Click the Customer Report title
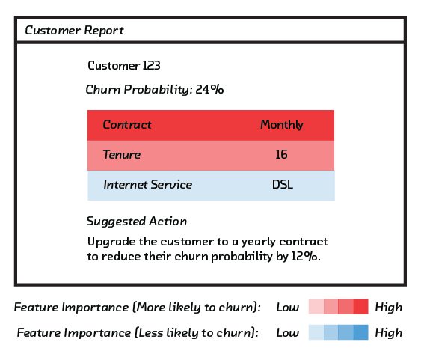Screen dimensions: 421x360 pos(74,31)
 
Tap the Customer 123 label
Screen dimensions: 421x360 pos(124,65)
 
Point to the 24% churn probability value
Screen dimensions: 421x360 pos(209,89)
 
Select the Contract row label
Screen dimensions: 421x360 pos(127,125)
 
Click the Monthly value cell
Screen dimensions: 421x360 pos(282,125)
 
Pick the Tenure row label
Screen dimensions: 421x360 pos(122,154)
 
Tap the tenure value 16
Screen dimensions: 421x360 pos(282,154)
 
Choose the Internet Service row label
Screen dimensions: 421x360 pos(147,185)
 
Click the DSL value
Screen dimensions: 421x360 pos(283,185)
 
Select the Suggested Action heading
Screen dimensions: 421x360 pos(136,222)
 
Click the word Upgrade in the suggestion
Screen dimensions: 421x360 pos(111,242)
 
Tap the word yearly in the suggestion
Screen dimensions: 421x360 pos(259,242)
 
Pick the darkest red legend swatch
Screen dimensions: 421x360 pos(360,307)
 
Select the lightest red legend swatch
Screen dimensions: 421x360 pos(316,307)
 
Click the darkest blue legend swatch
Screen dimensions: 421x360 pos(360,332)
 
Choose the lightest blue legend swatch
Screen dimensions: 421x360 pos(316,332)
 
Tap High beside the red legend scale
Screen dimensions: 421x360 pos(389,307)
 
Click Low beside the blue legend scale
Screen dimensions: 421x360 pos(288,332)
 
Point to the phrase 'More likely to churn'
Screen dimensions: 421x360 pos(196,308)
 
